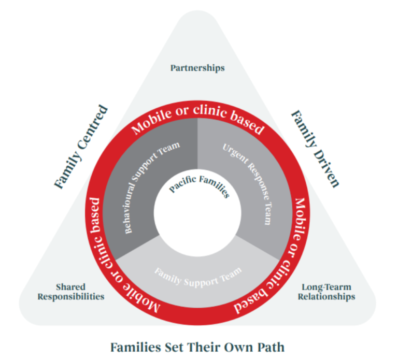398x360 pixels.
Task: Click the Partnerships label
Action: [x=197, y=68]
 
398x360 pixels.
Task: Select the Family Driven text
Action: [x=315, y=148]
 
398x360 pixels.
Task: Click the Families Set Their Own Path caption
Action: [x=197, y=346]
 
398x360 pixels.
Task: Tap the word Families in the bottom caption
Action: [x=133, y=346]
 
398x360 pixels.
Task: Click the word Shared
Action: [x=70, y=286]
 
